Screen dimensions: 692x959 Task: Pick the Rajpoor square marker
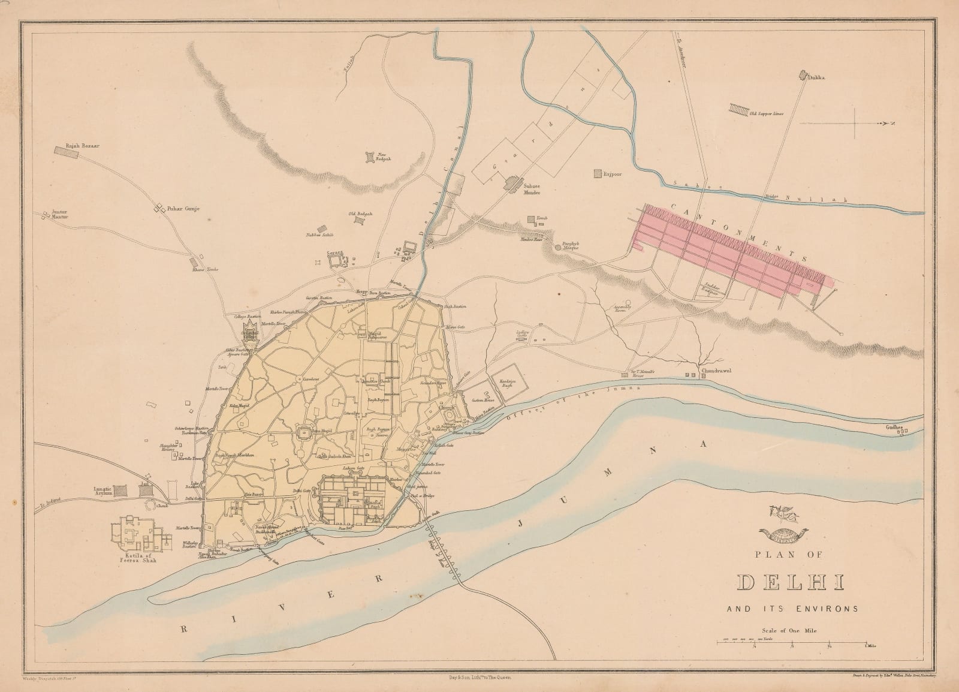click(x=597, y=173)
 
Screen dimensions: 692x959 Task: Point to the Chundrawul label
click(x=718, y=371)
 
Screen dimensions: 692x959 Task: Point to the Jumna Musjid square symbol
click(x=303, y=432)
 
